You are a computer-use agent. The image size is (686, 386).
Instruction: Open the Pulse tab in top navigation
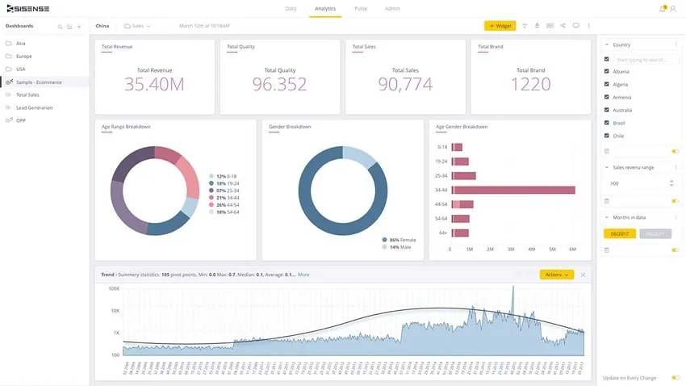[360, 8]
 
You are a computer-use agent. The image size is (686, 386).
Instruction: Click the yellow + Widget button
[500, 26]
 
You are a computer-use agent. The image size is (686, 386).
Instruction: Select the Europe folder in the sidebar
[24, 56]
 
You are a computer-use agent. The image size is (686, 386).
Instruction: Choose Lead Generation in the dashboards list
[35, 107]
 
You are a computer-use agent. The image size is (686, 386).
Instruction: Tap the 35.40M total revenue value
[154, 84]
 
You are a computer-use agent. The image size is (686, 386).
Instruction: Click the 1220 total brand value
[530, 84]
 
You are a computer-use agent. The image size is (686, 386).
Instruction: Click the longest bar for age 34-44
[513, 190]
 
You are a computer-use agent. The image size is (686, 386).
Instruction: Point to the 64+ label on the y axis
[441, 233]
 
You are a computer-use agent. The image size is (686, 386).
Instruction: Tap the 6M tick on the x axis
[572, 250]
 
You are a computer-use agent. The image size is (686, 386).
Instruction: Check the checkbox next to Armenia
[607, 97]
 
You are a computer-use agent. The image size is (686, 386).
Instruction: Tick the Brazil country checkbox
[607, 123]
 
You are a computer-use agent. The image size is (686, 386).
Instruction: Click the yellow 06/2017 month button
[620, 233]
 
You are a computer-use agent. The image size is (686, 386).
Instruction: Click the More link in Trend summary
[303, 275]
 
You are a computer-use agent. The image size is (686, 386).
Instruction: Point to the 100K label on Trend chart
[114, 288]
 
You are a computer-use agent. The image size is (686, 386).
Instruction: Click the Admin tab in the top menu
[392, 8]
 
